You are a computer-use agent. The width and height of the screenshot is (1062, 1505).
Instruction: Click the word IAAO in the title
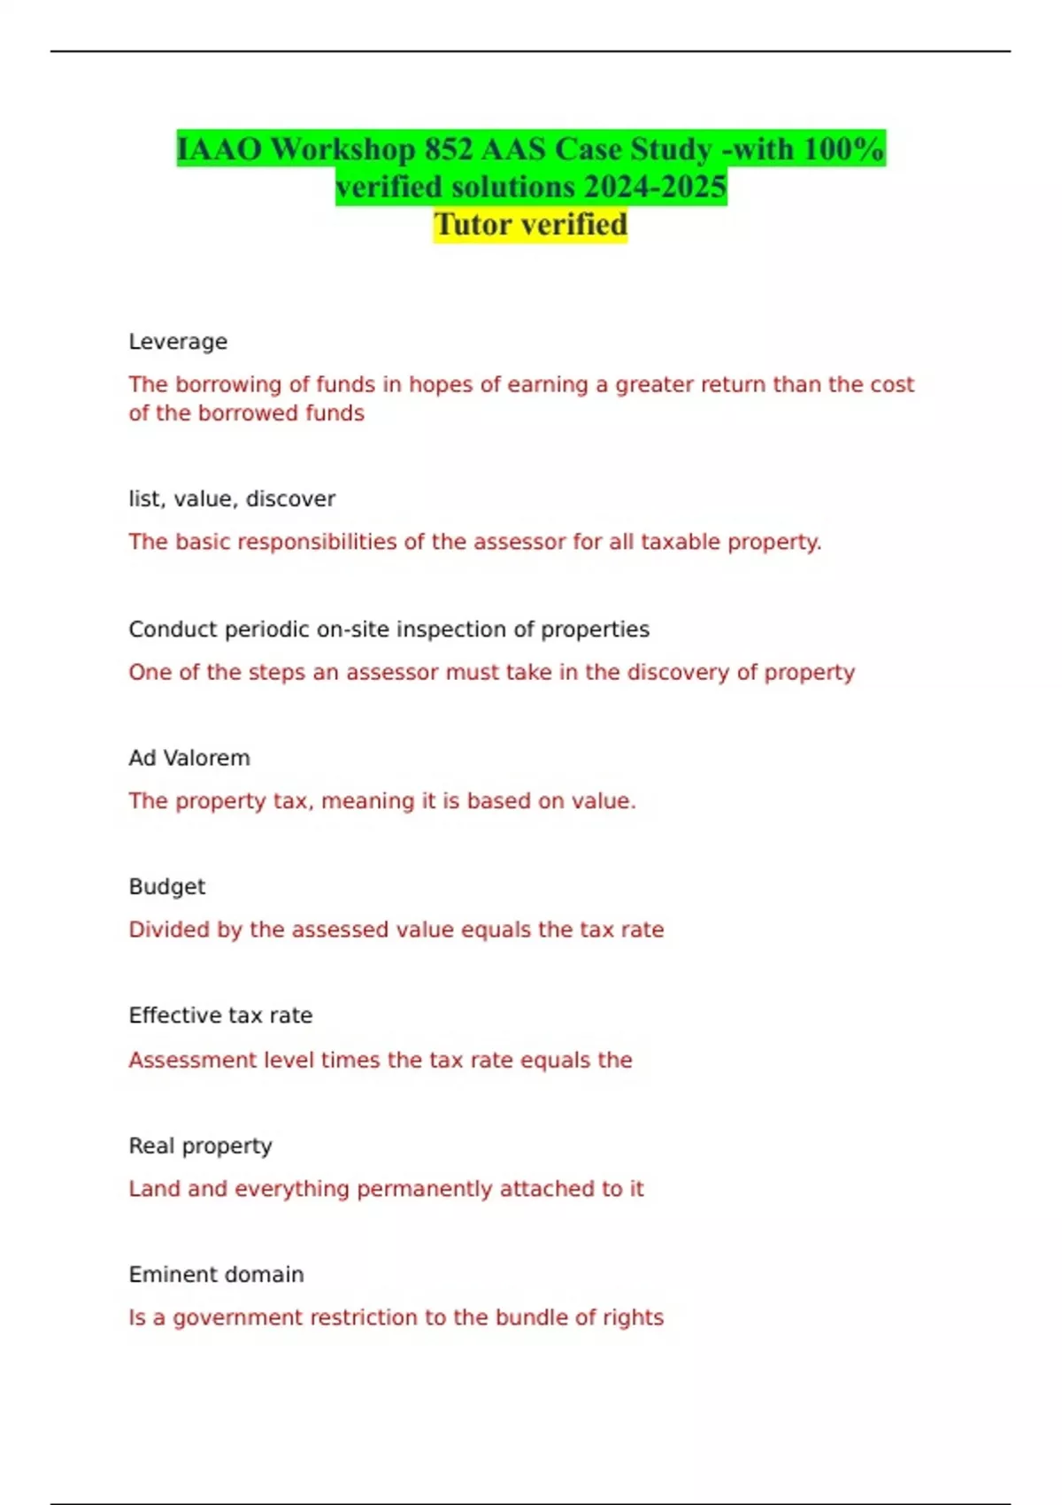pos(219,149)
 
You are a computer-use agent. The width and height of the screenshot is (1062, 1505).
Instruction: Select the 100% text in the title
pos(843,149)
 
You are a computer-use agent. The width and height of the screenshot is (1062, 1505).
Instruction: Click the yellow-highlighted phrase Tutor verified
pos(530,224)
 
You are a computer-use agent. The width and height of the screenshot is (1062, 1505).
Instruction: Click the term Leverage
pos(178,342)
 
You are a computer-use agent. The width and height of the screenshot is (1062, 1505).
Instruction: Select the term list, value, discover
pos(232,499)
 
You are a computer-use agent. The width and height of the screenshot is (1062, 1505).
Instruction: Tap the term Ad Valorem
pos(189,759)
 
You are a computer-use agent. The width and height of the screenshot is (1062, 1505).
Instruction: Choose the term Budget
pos(166,887)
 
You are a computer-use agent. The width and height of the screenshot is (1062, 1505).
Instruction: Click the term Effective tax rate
pos(220,1015)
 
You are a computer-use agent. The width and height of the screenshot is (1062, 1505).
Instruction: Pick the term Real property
pos(200,1146)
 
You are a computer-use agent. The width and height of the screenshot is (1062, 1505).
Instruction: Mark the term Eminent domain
pos(216,1275)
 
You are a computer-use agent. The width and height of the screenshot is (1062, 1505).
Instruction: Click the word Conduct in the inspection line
pos(173,629)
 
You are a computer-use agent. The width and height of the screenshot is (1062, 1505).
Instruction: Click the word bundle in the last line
pos(532,1317)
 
